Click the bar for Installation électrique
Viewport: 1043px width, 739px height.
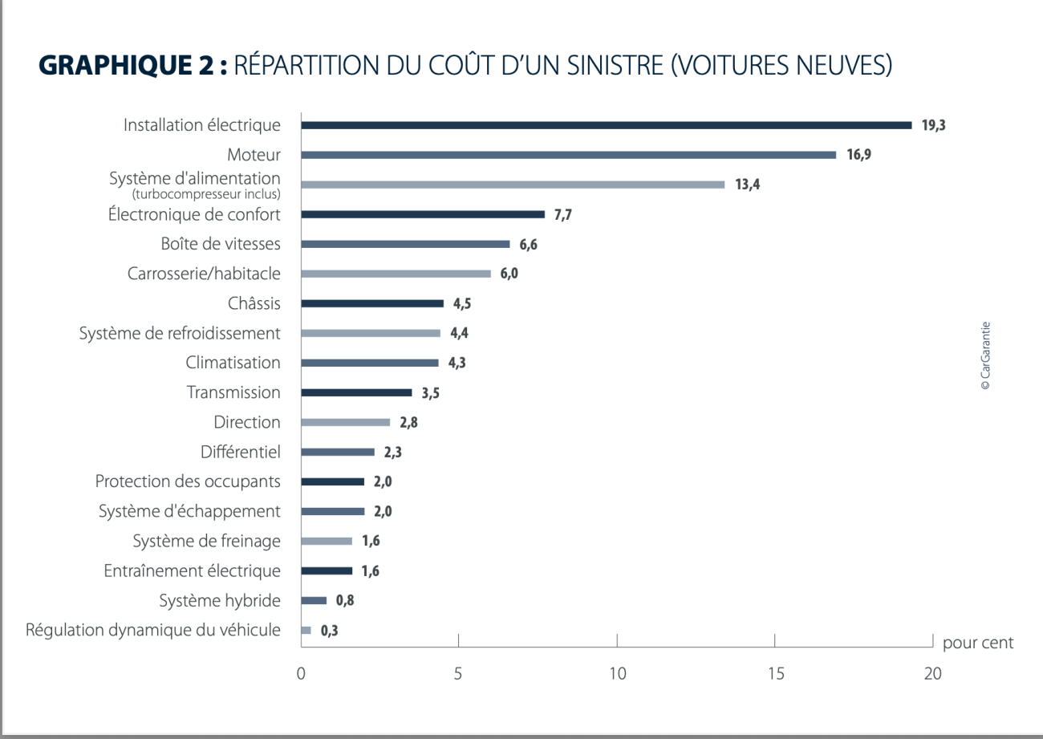(x=606, y=125)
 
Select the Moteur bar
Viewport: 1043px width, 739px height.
(x=568, y=155)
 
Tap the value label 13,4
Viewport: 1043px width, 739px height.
(x=747, y=185)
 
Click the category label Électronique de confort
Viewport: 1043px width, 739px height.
(x=194, y=214)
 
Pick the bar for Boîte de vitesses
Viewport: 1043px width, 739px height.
(x=405, y=244)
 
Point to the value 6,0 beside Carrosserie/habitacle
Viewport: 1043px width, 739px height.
(x=509, y=274)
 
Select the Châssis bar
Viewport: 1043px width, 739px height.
(x=372, y=303)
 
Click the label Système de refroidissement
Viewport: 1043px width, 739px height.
(x=180, y=333)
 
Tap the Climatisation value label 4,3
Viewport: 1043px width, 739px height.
(x=457, y=363)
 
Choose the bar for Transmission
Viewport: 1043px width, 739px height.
(x=356, y=392)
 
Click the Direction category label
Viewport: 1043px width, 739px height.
(x=247, y=422)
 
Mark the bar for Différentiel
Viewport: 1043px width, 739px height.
(x=338, y=452)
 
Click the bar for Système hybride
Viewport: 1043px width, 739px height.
(x=314, y=600)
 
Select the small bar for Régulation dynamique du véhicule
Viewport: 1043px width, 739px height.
(x=306, y=630)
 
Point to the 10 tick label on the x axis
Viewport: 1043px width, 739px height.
(x=617, y=675)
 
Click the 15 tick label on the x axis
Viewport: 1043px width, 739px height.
(x=775, y=675)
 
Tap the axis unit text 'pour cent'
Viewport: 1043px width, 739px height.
(x=978, y=643)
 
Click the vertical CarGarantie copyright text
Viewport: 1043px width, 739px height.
(x=985, y=356)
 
